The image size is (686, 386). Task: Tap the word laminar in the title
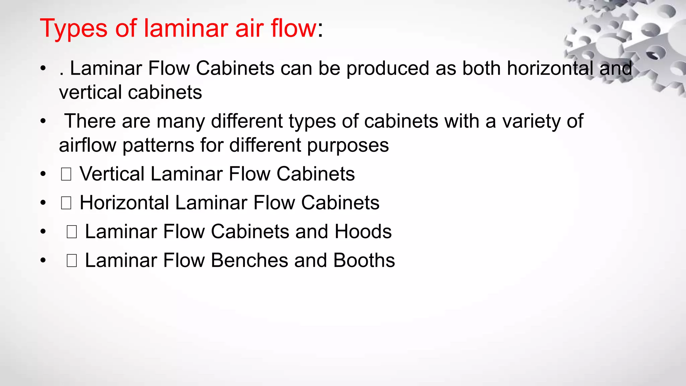click(186, 28)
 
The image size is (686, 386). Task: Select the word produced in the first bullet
click(388, 69)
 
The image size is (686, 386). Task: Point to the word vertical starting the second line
click(90, 92)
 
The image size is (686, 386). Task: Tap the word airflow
click(87, 145)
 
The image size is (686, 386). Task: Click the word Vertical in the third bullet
click(112, 174)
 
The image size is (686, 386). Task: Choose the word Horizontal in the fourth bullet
click(124, 203)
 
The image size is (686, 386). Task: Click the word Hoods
click(363, 232)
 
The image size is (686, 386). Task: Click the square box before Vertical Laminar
click(66, 174)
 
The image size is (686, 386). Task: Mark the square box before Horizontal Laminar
click(66, 203)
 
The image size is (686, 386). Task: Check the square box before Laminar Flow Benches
click(72, 261)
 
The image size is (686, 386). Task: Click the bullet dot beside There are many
click(43, 121)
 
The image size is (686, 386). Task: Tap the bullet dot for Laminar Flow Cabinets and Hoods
click(43, 232)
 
